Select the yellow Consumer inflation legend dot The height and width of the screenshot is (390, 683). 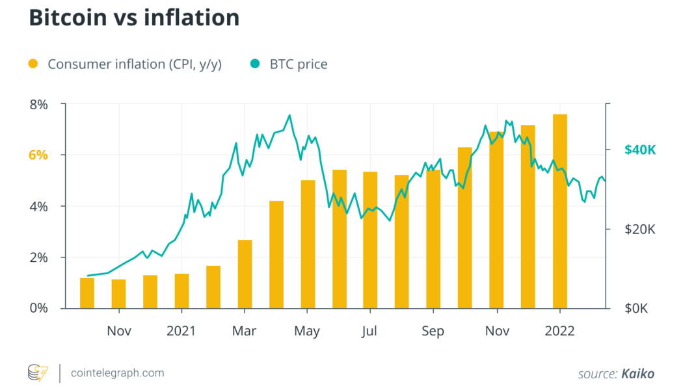tap(34, 64)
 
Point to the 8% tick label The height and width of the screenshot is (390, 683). tap(39, 104)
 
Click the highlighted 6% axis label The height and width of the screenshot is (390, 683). tap(38, 155)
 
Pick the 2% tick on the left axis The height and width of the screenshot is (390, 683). tap(39, 257)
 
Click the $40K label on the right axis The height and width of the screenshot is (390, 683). tap(640, 150)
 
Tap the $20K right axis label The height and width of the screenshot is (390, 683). tap(640, 229)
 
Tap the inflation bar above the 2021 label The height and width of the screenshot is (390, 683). tap(181, 291)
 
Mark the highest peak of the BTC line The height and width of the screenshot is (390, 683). tap(289, 116)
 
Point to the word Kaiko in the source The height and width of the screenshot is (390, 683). tap(637, 374)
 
